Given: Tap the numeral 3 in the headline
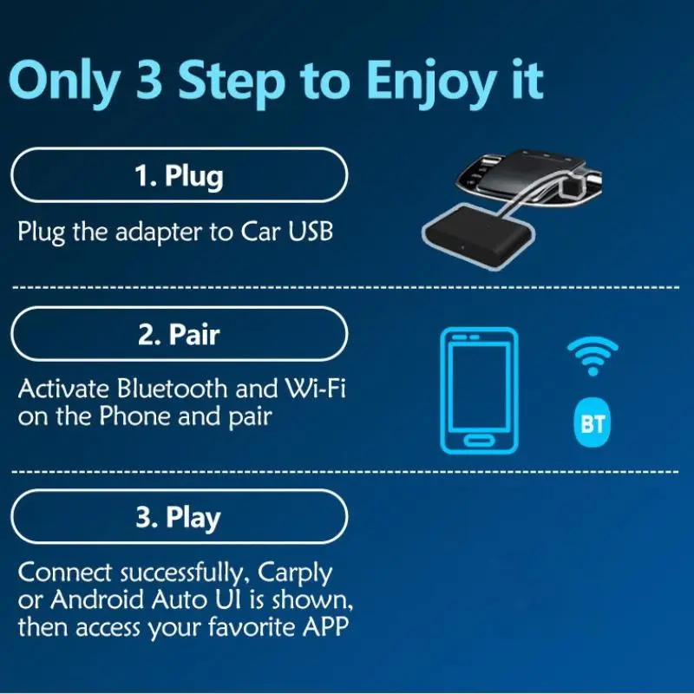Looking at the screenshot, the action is click(148, 79).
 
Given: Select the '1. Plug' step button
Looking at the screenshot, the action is click(180, 175).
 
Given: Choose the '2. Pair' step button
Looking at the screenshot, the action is click(180, 334).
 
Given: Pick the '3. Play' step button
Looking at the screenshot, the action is click(180, 516).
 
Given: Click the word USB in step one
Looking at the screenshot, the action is click(311, 231).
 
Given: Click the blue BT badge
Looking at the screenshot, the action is click(593, 423).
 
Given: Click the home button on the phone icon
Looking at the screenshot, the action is click(479, 441).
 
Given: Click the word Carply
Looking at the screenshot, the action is click(294, 573).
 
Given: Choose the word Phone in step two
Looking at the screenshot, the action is click(134, 416).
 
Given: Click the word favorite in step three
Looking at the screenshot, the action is click(251, 626).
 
